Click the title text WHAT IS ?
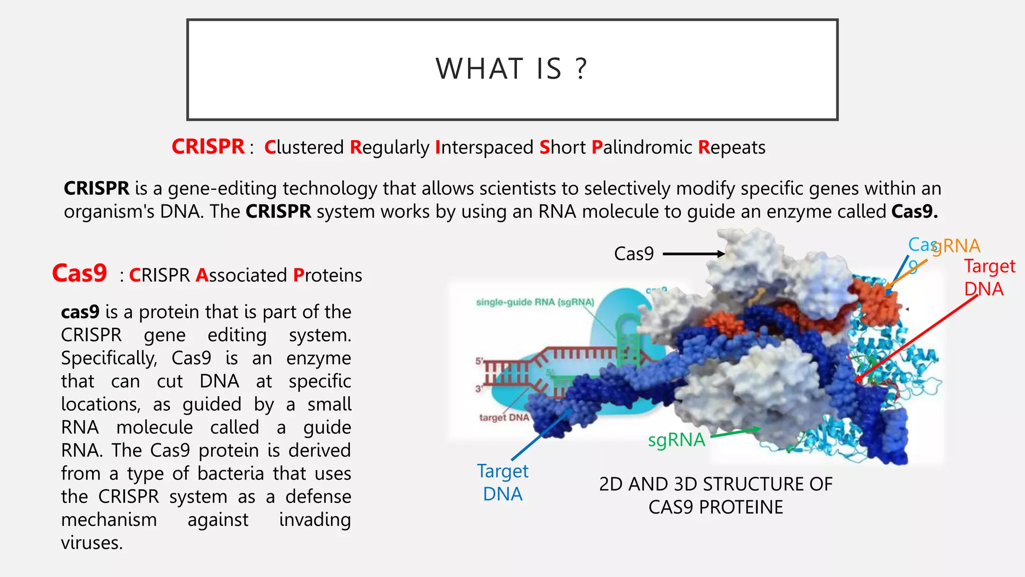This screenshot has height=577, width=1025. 511,69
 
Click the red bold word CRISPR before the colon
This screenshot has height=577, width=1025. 208,147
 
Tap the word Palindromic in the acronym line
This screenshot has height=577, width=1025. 642,148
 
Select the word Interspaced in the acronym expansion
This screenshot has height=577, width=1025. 484,148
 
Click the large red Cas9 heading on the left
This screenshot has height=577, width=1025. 80,273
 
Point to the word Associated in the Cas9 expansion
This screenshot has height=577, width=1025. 241,275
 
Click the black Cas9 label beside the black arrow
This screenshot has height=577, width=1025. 634,254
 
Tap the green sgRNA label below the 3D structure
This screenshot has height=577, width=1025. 676,440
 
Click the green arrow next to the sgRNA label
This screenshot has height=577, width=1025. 735,432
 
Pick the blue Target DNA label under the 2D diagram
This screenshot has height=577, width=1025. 502,482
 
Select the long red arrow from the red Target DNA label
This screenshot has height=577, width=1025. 916,339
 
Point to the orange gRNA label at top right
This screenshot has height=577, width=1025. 956,246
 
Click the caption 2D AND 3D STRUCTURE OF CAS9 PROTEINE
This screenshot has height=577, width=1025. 716,495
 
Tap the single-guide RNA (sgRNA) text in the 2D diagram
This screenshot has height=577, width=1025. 535,302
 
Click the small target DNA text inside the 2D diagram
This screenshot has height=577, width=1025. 503,417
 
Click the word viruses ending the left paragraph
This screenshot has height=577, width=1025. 92,543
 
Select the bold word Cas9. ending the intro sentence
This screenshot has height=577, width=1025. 914,211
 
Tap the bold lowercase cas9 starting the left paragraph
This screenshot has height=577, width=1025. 80,312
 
